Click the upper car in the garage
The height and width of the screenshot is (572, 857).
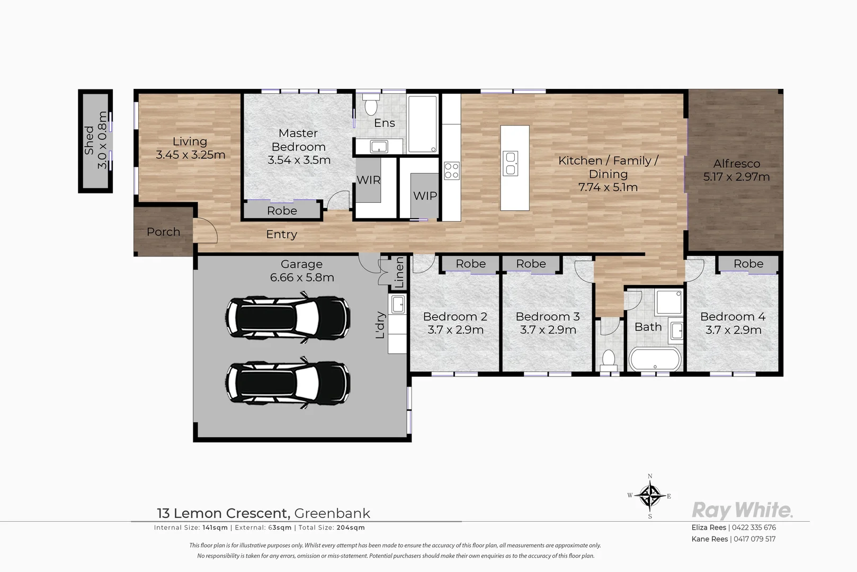pos(288,317)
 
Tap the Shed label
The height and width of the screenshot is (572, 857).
pos(89,141)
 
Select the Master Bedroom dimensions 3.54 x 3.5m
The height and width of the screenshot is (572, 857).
pos(299,160)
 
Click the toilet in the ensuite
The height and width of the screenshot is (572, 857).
pos(371,105)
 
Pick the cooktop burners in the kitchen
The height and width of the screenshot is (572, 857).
pos(451,171)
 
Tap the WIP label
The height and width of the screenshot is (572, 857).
pos(425,196)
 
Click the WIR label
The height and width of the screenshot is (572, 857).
pos(368,180)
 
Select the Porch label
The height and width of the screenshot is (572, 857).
pos(163,232)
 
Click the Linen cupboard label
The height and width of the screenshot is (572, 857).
pos(399,272)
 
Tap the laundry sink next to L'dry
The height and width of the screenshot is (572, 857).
pos(398,305)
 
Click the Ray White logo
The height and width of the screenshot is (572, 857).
pos(742,510)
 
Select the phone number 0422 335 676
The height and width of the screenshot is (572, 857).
pos(754,528)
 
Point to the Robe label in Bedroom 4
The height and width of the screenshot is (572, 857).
pos(748,264)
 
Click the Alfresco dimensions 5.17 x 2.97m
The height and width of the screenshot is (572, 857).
pos(736,177)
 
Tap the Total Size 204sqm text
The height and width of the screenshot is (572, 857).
pos(332,528)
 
